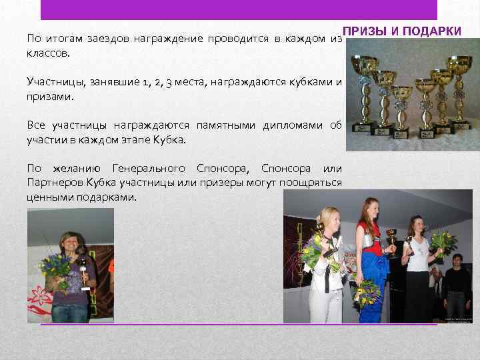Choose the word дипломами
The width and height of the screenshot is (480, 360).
[x=290, y=125]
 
